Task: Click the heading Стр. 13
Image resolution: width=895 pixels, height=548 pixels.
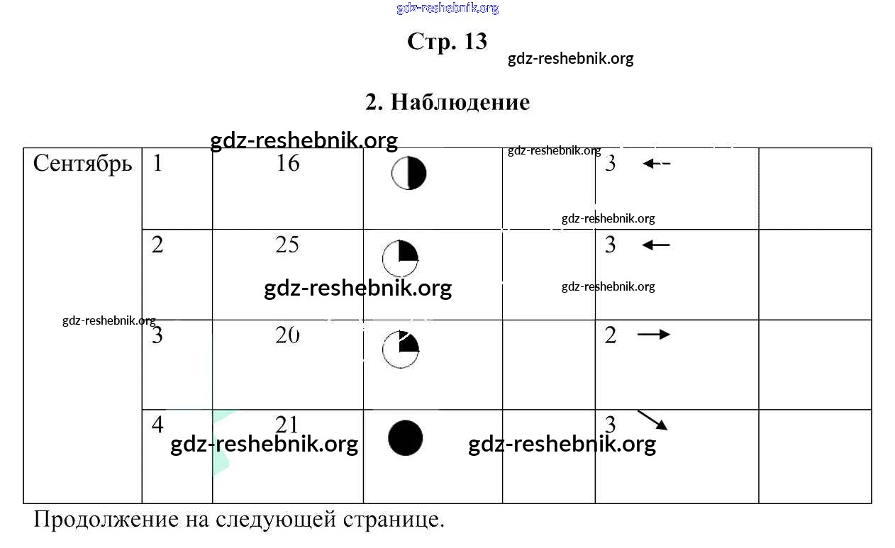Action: click(x=447, y=41)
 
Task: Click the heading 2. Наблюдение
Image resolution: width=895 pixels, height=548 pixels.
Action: click(x=448, y=102)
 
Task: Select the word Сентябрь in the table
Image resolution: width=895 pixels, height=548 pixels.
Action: click(x=83, y=164)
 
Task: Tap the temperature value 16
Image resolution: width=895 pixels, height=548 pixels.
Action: click(x=288, y=164)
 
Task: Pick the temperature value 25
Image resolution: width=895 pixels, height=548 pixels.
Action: click(x=287, y=245)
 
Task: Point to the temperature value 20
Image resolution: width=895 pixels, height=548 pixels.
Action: click(x=287, y=335)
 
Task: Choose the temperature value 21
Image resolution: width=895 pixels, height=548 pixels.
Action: click(x=287, y=424)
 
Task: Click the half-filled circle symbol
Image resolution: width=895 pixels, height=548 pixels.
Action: click(x=409, y=174)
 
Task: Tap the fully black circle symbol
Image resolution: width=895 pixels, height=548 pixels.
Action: click(x=406, y=437)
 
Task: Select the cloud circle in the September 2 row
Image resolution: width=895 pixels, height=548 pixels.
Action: click(x=400, y=259)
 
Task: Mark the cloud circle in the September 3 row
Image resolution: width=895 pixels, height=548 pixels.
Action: click(x=401, y=349)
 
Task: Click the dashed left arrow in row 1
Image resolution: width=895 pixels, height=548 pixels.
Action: click(x=656, y=164)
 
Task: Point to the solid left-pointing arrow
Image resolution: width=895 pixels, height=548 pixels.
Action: click(x=656, y=245)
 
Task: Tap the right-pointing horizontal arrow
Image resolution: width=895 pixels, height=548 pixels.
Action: click(x=653, y=334)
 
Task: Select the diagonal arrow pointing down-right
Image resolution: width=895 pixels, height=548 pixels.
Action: click(x=652, y=420)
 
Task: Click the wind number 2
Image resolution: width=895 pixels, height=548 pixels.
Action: click(x=611, y=335)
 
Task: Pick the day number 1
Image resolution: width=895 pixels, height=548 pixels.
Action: click(x=157, y=164)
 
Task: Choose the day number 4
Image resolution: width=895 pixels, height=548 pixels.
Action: click(x=157, y=425)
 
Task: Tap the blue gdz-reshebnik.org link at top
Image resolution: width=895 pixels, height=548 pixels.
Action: click(x=448, y=9)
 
